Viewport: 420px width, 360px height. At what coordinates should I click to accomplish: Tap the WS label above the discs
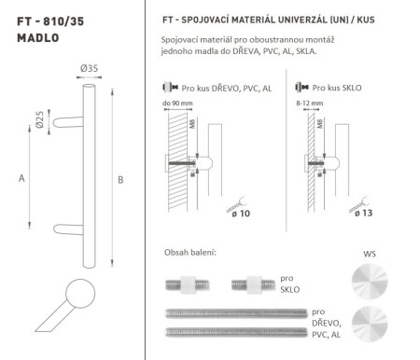[367, 253]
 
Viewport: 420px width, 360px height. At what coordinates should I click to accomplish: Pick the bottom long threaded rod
[237, 330]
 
